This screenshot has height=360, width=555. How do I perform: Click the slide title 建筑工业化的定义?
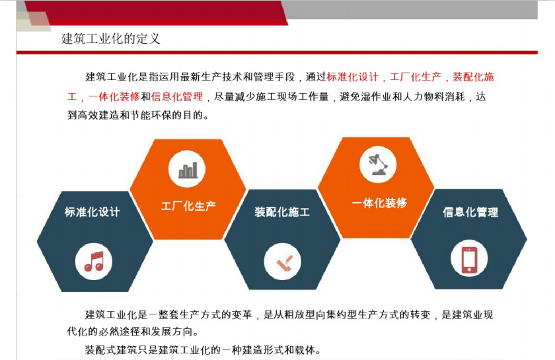click(111, 38)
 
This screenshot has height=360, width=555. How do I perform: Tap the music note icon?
click(94, 262)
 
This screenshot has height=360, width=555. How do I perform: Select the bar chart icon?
click(188, 170)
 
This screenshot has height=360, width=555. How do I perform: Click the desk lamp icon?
click(378, 164)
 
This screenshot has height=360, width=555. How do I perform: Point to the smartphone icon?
click(469, 260)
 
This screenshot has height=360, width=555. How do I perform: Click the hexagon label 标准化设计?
click(92, 211)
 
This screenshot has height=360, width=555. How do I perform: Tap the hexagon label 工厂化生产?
click(188, 205)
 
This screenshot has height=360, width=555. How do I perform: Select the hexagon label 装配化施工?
click(282, 211)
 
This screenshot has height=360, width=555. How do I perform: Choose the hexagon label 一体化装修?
click(379, 203)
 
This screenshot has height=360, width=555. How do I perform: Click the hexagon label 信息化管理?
click(470, 212)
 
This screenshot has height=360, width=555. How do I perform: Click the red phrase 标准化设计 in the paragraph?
click(353, 77)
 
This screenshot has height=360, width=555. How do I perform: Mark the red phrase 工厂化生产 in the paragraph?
click(416, 77)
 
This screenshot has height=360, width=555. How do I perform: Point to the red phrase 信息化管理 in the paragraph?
click(177, 96)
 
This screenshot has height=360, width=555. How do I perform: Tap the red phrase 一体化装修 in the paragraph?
click(114, 96)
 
